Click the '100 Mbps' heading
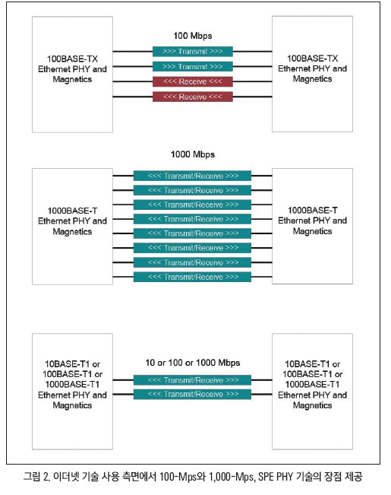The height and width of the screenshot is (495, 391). click(x=193, y=36)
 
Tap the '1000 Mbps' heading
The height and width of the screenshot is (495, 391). click(x=193, y=154)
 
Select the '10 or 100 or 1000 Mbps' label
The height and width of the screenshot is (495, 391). click(x=193, y=363)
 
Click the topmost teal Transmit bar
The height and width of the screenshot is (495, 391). click(x=193, y=52)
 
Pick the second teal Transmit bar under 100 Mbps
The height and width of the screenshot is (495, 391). click(x=193, y=67)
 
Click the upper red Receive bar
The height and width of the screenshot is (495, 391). click(x=193, y=81)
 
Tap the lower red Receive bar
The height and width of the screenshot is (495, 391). click(x=193, y=97)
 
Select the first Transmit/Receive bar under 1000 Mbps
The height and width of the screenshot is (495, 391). click(x=192, y=176)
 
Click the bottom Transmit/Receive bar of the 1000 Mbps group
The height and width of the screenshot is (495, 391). click(x=192, y=277)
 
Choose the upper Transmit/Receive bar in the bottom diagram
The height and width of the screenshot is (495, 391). click(x=192, y=380)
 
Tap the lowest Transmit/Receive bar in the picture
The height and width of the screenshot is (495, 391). click(x=192, y=395)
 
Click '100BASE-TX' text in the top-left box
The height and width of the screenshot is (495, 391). click(x=73, y=59)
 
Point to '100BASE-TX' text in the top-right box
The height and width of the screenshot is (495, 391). click(x=313, y=59)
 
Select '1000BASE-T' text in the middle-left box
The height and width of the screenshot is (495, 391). click(x=73, y=211)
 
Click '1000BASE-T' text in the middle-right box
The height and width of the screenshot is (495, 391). click(x=313, y=211)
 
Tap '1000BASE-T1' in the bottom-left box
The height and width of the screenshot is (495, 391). click(x=73, y=385)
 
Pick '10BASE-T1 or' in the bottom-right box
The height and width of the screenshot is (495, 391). click(x=313, y=364)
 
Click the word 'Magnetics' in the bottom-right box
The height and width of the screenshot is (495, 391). click(x=313, y=405)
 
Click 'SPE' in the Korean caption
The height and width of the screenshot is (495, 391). click(x=266, y=477)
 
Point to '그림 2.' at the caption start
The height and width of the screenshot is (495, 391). click(x=36, y=477)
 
